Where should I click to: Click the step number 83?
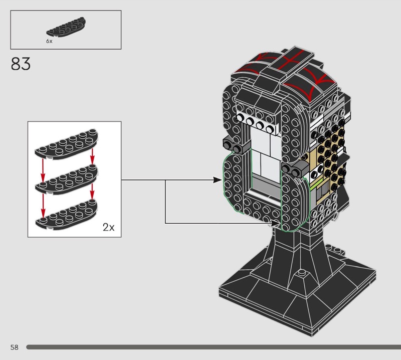point(21,64)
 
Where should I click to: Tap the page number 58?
point(15,347)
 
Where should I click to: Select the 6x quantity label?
point(49,41)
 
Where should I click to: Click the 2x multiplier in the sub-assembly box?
point(108,227)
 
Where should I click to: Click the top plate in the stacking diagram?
point(67,144)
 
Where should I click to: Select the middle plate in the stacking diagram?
point(67,179)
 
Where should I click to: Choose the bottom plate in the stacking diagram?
point(67,215)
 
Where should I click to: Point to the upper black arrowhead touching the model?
point(218,180)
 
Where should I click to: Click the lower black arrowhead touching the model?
point(275,223)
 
